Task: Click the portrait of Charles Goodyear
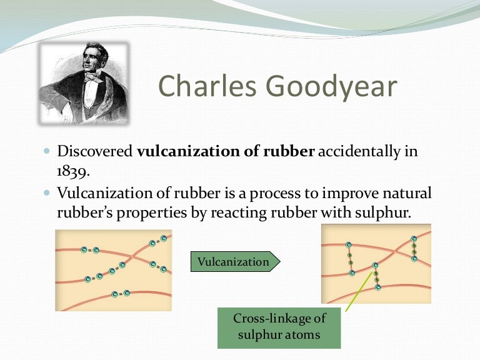[85, 82]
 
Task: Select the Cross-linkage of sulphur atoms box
[279, 327]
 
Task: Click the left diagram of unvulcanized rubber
[114, 270]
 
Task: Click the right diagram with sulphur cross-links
[376, 264]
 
